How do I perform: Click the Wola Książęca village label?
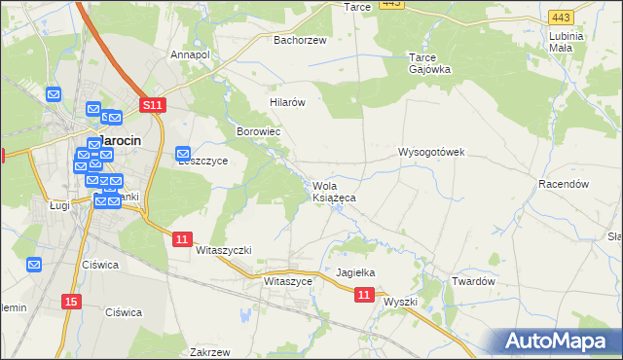click(333, 192)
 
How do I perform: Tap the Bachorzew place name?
click(300, 40)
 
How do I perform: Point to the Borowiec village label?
click(259, 130)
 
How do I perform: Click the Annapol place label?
click(190, 54)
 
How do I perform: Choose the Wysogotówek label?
click(432, 152)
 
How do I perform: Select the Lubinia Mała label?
click(566, 41)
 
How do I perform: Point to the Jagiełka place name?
click(355, 273)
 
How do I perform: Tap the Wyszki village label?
click(400, 302)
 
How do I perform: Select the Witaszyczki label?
click(224, 250)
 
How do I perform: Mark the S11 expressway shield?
click(152, 104)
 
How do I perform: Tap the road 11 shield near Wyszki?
click(364, 294)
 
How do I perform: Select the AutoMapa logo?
click(560, 341)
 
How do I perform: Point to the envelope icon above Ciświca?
click(35, 264)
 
